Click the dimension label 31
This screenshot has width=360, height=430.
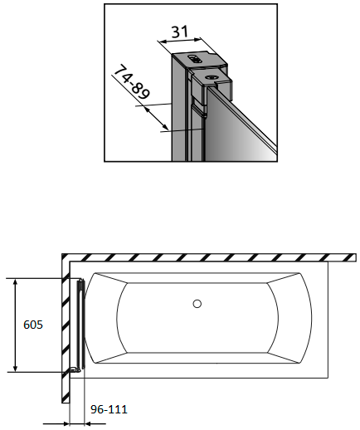pyautogui.click(x=180, y=32)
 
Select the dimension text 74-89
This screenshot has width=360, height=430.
pyautogui.click(x=132, y=82)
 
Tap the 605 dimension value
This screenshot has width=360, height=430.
pyautogui.click(x=33, y=325)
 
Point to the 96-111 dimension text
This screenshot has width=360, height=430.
pyautogui.click(x=109, y=409)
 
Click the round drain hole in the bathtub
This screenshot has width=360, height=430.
pyautogui.click(x=197, y=304)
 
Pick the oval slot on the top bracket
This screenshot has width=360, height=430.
pyautogui.click(x=194, y=58)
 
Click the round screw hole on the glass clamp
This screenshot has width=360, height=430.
pyautogui.click(x=212, y=77)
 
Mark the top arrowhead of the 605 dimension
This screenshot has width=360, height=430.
pyautogui.click(x=16, y=282)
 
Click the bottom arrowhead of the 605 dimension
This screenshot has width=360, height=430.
pyautogui.click(x=16, y=368)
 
